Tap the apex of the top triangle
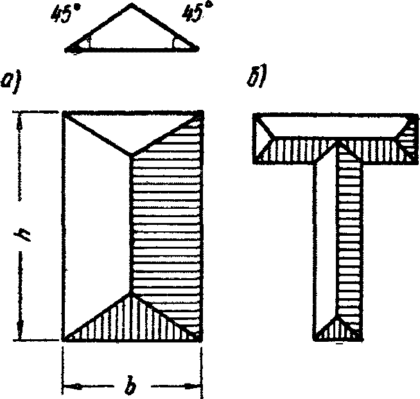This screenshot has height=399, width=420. tap(132, 4)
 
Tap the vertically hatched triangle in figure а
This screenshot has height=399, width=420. tap(132, 322)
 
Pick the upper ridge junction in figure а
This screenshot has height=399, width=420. tap(132, 154)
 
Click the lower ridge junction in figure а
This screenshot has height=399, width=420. tap(132, 294)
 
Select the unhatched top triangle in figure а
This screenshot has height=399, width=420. tap(132, 129)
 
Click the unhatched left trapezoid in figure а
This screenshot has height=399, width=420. tap(96, 225)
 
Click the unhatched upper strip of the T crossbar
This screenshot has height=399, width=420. tap(334, 125)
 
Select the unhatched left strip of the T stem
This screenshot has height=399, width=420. tap(324, 238)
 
